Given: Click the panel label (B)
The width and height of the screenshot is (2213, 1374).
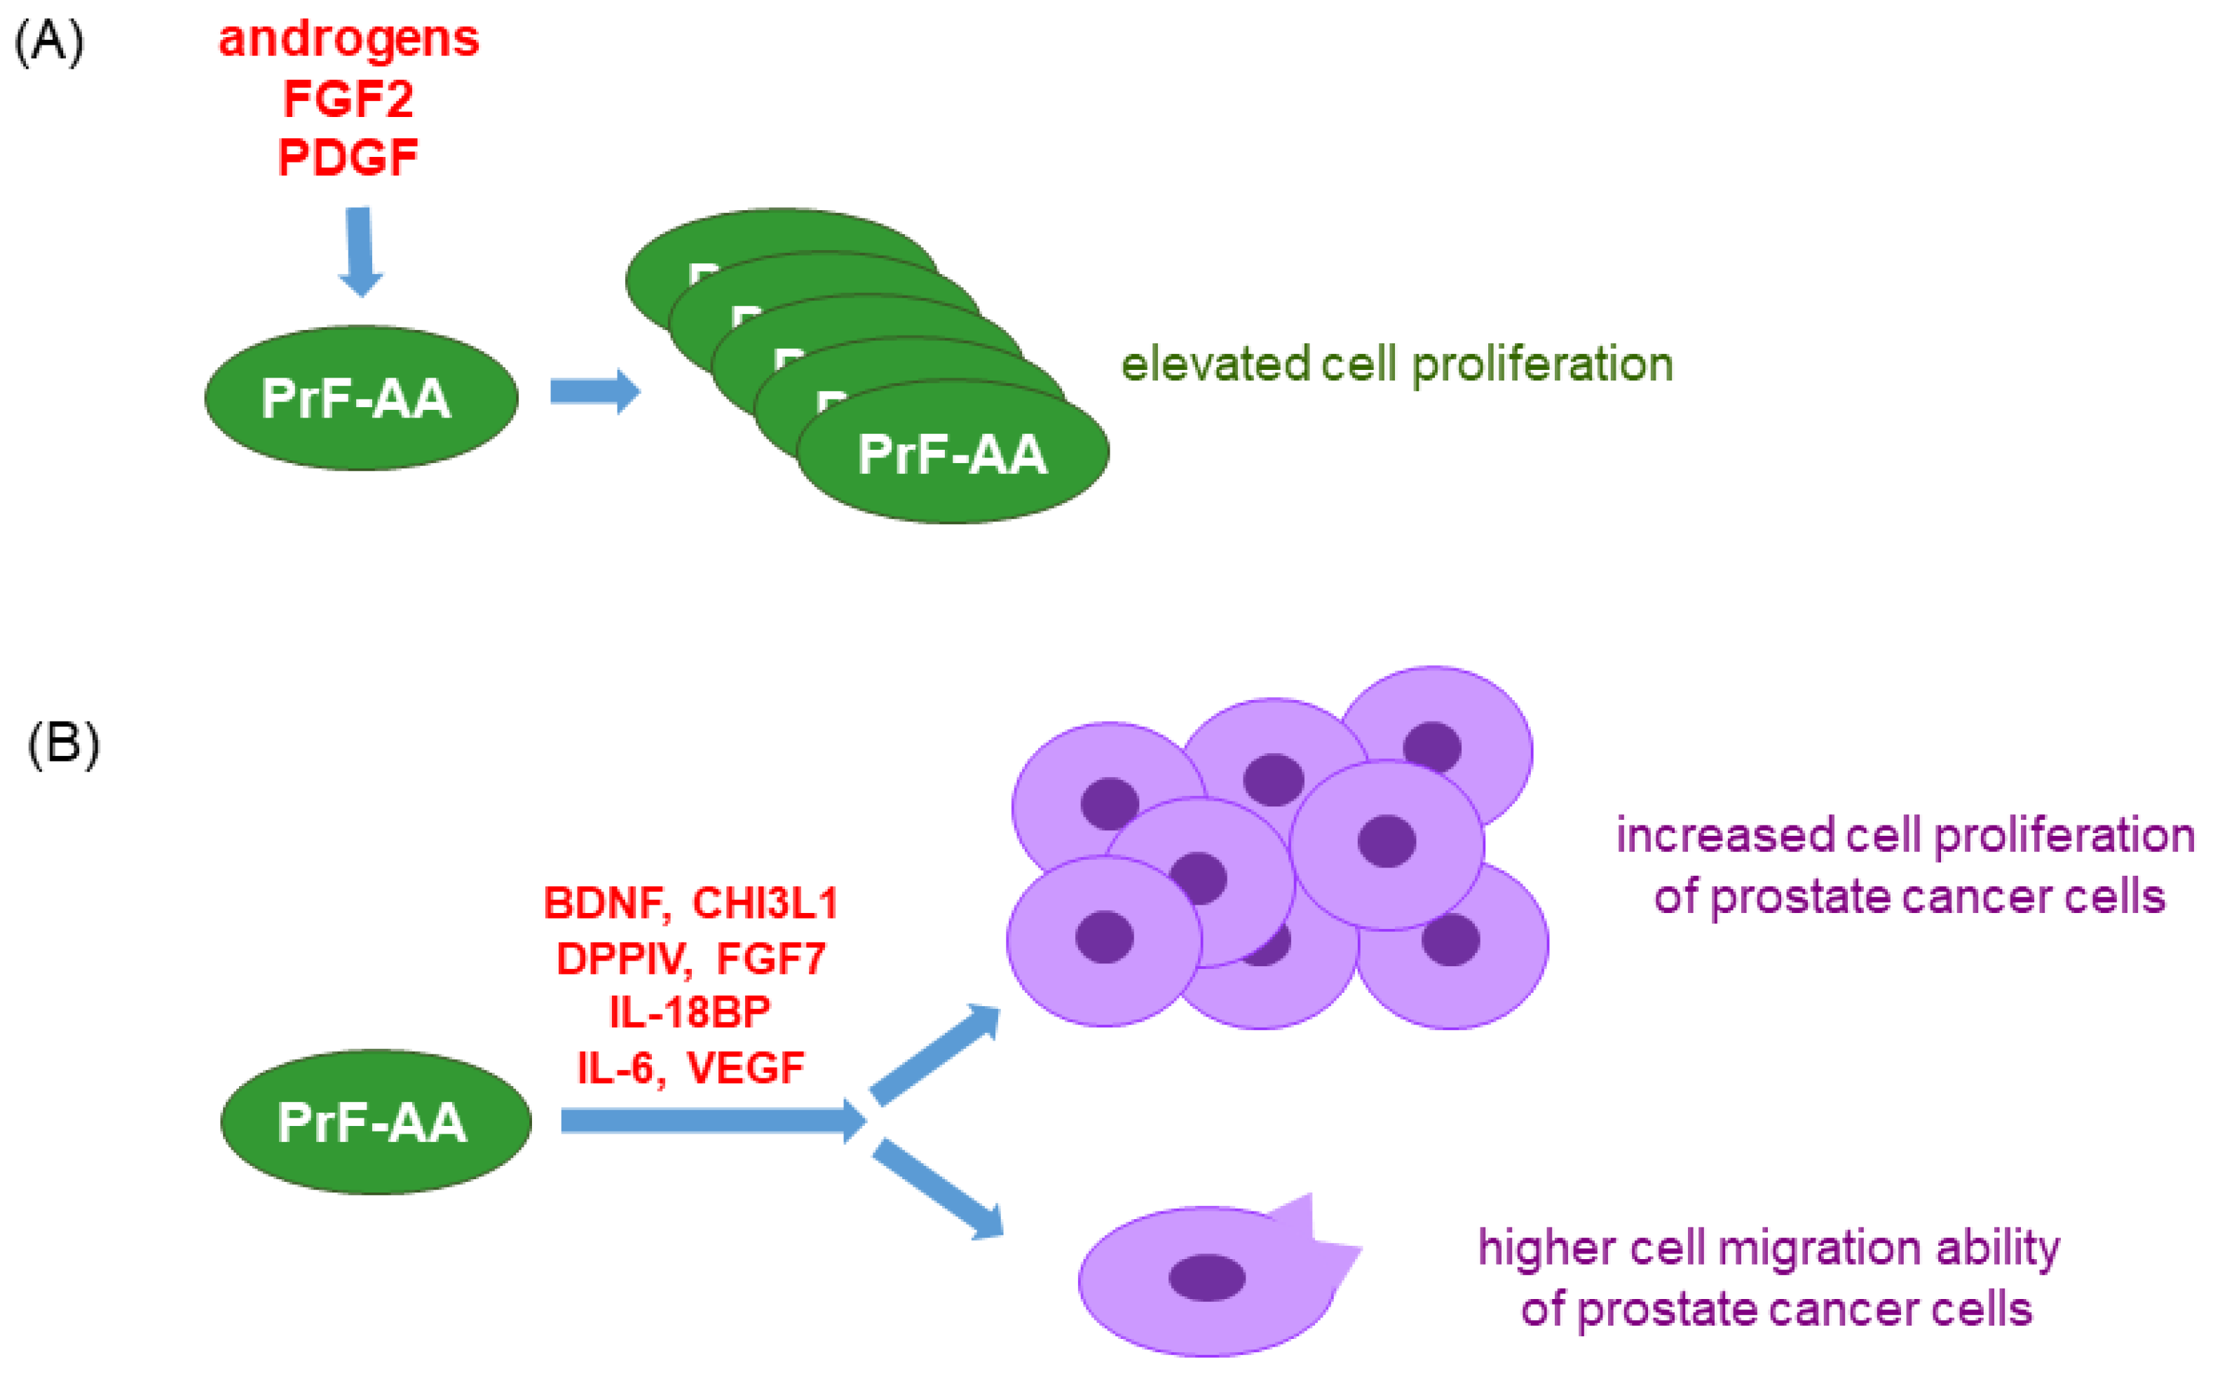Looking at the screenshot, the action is click(x=64, y=746).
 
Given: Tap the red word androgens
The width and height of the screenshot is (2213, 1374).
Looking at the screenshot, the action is click(x=349, y=40).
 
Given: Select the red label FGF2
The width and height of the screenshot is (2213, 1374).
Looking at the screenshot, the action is click(x=348, y=98).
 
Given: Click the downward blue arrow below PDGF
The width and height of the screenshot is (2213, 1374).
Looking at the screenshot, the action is click(x=360, y=252).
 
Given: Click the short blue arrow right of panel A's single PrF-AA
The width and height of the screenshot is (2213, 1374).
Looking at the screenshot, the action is click(x=596, y=392).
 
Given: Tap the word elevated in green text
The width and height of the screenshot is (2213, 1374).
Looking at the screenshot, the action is click(x=1216, y=364).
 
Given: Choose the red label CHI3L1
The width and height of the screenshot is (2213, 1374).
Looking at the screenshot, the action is click(x=765, y=903).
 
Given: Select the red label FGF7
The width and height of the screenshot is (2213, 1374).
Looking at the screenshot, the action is click(x=771, y=959).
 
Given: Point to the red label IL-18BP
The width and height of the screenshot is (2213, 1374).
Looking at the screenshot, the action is click(x=690, y=1012).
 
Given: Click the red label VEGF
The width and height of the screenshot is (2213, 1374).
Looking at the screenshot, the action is click(x=746, y=1068).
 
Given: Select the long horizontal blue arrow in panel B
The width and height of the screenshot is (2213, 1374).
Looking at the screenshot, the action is click(x=714, y=1120).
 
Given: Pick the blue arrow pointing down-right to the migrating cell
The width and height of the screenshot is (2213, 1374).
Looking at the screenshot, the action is click(x=937, y=1190).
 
